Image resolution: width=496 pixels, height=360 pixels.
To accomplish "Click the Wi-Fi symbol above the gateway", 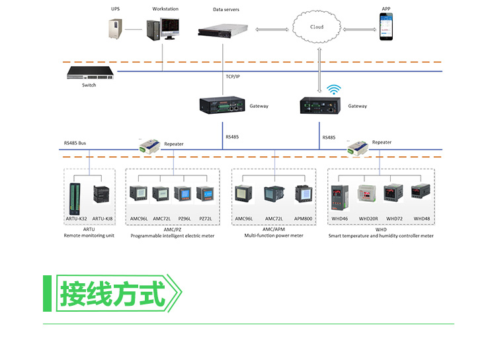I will coord(333,89).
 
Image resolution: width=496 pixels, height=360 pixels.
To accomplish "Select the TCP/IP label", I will coord(233,77).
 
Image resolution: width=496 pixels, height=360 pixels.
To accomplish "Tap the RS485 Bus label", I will coord(75,143).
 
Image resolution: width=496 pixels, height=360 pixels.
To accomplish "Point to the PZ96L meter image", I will coord(183,194).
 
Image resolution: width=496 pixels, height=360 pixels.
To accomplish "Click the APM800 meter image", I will coord(303,194).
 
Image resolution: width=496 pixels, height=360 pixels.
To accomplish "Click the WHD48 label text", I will coord(421,218).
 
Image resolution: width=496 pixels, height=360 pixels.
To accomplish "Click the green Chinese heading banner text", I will coord(112,292).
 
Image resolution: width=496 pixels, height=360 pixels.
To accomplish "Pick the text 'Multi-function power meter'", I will coord(274,235).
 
